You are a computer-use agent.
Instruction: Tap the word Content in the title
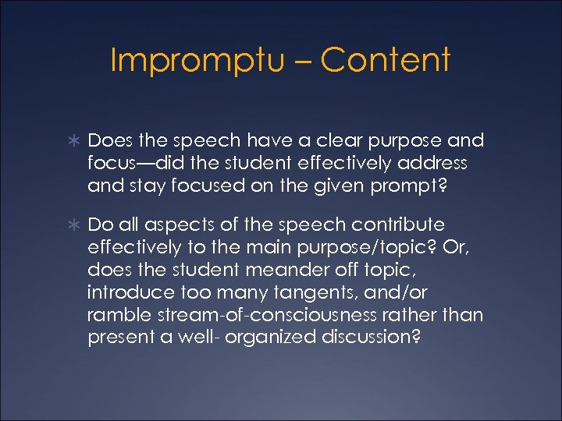pos(385,61)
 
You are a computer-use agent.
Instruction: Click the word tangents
pos(331,294)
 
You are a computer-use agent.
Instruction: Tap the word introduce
pos(130,294)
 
